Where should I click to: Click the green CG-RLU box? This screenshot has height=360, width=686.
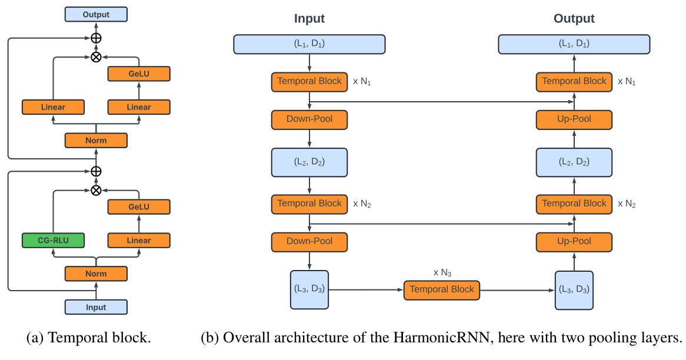[x=52, y=240]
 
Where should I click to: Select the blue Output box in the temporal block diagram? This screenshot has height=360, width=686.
[x=95, y=14]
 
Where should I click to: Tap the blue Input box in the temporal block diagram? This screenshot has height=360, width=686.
[x=95, y=307]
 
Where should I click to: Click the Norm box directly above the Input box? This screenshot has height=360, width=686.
[x=95, y=274]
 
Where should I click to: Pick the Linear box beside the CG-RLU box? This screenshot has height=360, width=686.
[x=139, y=240]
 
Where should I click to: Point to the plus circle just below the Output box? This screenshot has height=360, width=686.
[x=96, y=38]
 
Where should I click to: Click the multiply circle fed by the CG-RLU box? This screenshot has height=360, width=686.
[x=96, y=190]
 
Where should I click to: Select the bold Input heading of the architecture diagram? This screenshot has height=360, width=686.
[x=309, y=19]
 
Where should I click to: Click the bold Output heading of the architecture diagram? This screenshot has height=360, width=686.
[x=574, y=19]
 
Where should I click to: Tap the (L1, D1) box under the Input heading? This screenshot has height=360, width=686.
[x=309, y=44]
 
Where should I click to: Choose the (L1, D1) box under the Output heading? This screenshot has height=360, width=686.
[x=574, y=44]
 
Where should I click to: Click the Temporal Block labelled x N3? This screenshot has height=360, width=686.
[x=442, y=290]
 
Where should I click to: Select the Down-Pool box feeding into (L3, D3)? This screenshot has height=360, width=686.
[x=309, y=241]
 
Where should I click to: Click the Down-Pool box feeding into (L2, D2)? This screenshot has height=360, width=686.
[x=309, y=119]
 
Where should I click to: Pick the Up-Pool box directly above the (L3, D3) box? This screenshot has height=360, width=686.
[x=574, y=241]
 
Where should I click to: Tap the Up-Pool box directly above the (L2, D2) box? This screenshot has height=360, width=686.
[x=574, y=119]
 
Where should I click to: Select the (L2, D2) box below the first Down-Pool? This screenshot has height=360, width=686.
[x=309, y=162]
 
